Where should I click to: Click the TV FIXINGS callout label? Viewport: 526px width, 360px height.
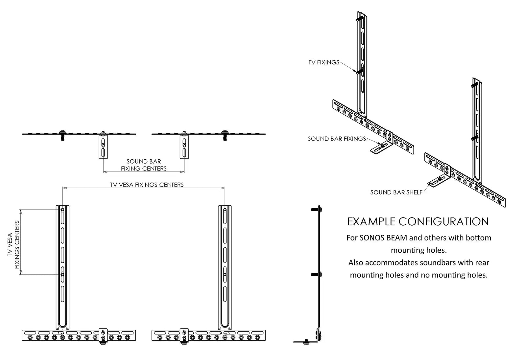pos(323,62)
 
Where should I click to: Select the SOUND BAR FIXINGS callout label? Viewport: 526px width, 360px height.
pos(337,139)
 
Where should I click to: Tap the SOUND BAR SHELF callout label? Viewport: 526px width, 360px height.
pos(396,192)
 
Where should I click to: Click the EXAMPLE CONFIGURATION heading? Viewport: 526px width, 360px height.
pos(418,221)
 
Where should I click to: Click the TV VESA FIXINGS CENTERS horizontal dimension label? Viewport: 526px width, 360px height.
pos(147,185)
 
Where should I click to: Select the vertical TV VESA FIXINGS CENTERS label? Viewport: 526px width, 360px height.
pos(13,244)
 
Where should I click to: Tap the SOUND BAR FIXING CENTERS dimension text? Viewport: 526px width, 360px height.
pos(144,165)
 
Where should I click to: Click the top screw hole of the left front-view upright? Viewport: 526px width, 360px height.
pos(62,210)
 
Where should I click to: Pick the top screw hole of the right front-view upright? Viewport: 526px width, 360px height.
pos(225,210)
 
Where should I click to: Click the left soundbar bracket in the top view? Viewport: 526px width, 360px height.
pos(103,146)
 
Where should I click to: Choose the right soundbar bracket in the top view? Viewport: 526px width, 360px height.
pos(184,146)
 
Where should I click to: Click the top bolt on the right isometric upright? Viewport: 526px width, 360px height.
pos(474,85)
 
